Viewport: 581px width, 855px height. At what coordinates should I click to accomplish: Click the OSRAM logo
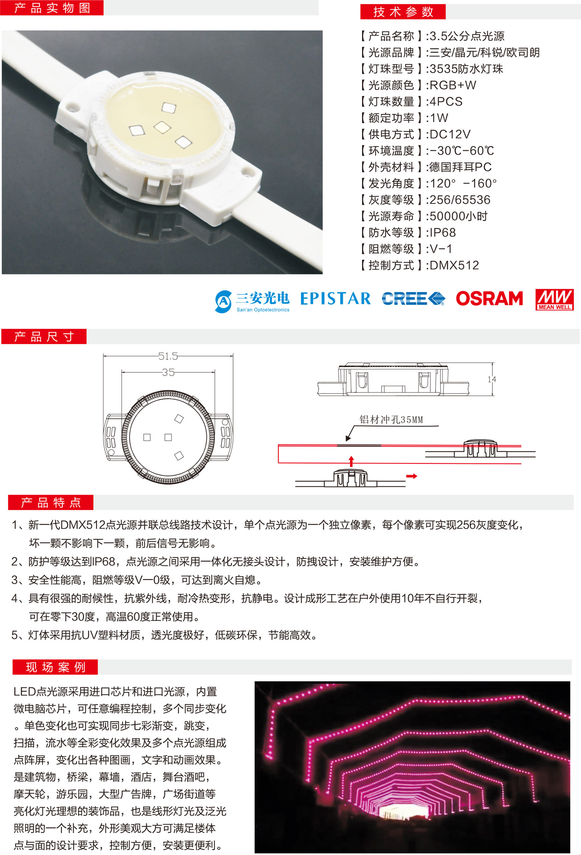pyautogui.click(x=489, y=298)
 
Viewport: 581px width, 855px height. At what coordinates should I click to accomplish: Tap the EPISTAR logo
pyautogui.click(x=336, y=298)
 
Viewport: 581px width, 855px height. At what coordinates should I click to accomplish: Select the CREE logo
pyautogui.click(x=413, y=298)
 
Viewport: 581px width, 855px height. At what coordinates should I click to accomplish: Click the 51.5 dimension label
pyautogui.click(x=168, y=356)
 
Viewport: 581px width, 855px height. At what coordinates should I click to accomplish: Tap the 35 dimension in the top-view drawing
pyautogui.click(x=168, y=372)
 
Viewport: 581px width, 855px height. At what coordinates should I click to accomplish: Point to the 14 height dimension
pyautogui.click(x=492, y=379)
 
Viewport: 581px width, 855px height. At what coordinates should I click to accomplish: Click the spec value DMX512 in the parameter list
pyautogui.click(x=454, y=265)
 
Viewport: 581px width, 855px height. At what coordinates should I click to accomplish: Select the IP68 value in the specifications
pyautogui.click(x=443, y=232)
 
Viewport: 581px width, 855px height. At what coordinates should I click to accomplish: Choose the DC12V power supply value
pyautogui.click(x=450, y=134)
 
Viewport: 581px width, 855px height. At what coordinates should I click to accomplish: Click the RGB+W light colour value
pyautogui.click(x=453, y=85)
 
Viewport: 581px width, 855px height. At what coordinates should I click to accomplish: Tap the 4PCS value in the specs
pyautogui.click(x=446, y=102)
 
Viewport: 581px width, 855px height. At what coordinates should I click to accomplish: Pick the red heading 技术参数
pyautogui.click(x=403, y=12)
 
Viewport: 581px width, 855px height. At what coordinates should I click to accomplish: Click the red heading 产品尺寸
pyautogui.click(x=44, y=337)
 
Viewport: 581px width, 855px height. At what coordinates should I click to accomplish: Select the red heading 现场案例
pyautogui.click(x=55, y=667)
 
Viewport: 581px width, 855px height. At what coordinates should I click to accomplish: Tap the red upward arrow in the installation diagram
pyautogui.click(x=351, y=461)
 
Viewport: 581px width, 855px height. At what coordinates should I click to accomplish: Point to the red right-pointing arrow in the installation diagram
pyautogui.click(x=411, y=476)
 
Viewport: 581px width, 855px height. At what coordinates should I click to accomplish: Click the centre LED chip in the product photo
pyautogui.click(x=162, y=127)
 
